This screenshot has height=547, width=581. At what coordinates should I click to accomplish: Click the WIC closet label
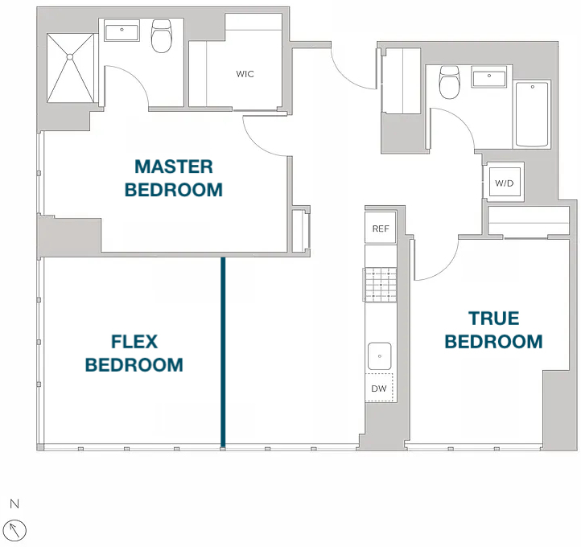coord(245,74)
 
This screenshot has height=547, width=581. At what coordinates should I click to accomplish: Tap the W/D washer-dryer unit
coord(505,183)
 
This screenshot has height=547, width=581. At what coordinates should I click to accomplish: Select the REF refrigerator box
coord(381,228)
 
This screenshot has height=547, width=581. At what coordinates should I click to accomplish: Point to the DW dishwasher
coord(379,388)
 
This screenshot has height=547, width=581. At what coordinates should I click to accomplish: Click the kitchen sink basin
coord(380,356)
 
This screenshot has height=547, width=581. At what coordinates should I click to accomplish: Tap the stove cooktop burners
coord(381,285)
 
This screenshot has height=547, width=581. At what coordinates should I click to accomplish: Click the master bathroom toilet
coord(162,36)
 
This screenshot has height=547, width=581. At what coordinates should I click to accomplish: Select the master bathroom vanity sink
coord(122,31)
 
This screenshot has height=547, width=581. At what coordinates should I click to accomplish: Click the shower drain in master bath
coord(70,56)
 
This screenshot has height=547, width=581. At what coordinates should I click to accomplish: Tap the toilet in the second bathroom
coord(449,82)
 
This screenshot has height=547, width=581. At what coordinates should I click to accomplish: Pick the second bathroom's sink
coord(489,77)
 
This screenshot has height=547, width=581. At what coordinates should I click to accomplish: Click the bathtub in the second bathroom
coord(532,114)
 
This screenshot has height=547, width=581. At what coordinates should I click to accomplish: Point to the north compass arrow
coord(14,530)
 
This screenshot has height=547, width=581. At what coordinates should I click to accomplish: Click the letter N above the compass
coord(14,504)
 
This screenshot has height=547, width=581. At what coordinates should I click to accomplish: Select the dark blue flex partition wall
coord(223,352)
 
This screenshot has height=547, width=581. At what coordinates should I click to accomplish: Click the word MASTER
coord(174,167)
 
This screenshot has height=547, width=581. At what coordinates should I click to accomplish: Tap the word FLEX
coord(134,341)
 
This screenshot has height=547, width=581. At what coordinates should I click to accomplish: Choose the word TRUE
coord(494,319)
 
